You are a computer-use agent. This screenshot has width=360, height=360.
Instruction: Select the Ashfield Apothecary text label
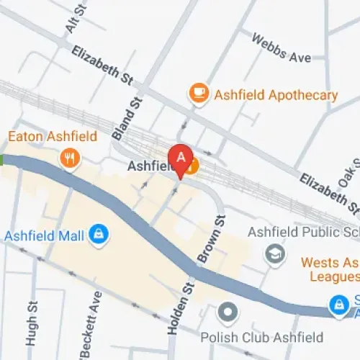click(x=274, y=95)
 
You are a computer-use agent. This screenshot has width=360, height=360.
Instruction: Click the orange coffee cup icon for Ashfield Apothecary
click(x=197, y=94)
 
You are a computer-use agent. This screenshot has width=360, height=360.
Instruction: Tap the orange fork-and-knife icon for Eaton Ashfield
click(x=69, y=158)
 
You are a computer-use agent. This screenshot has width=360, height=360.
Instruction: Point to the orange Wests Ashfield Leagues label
click(x=329, y=269)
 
